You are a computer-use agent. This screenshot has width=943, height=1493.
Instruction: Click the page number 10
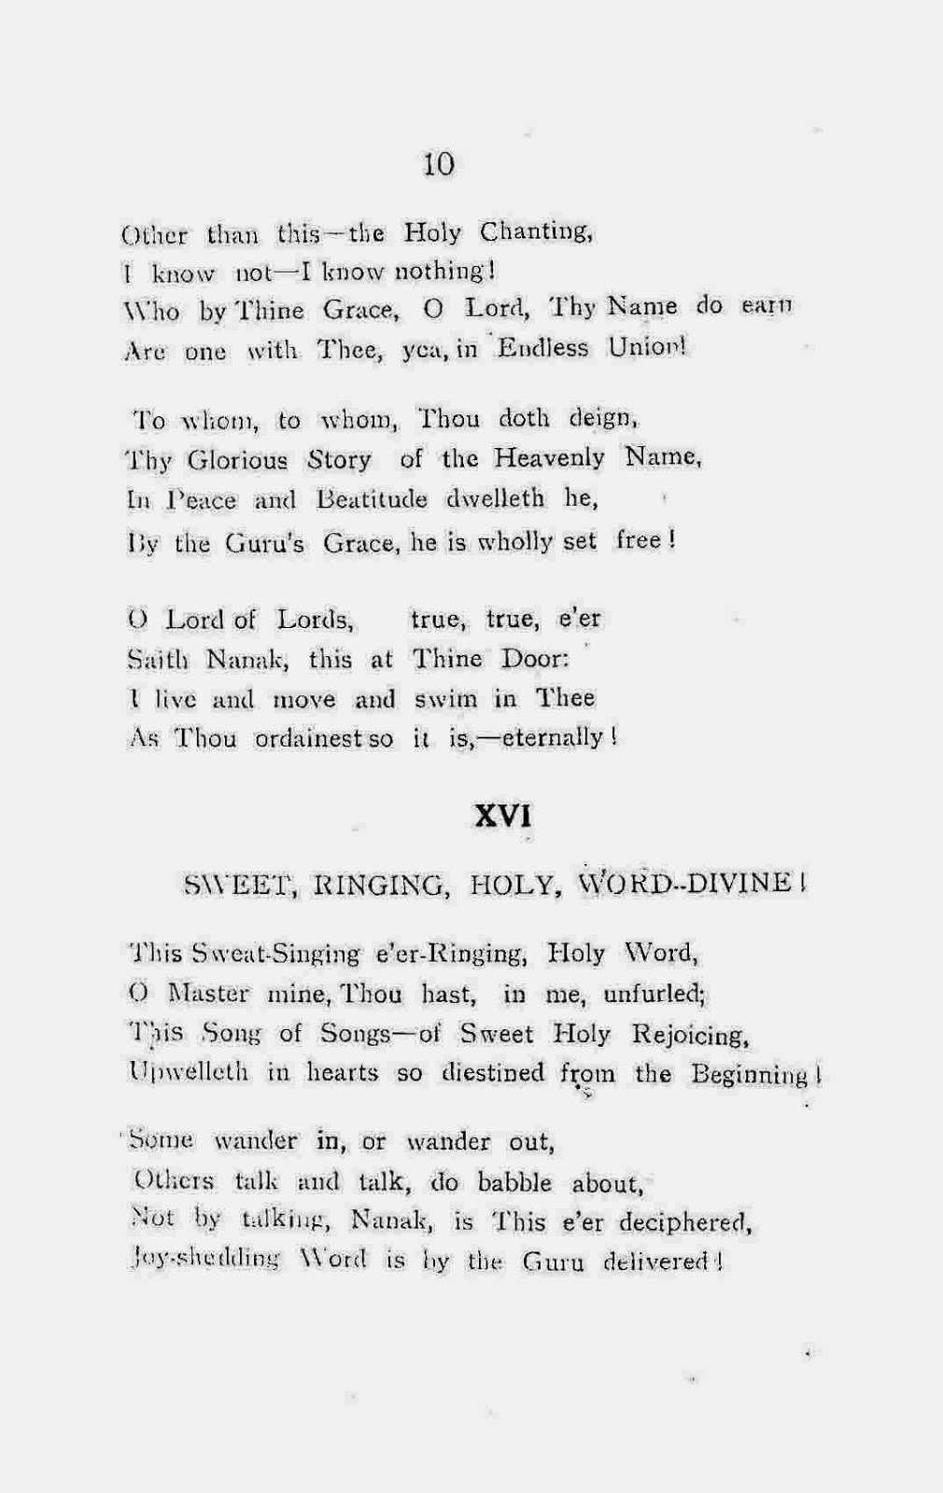point(438,164)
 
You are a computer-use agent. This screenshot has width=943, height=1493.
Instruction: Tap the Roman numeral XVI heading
point(502,816)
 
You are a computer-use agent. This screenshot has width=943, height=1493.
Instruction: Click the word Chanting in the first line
point(536,232)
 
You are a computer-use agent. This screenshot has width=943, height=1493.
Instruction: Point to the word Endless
point(542,348)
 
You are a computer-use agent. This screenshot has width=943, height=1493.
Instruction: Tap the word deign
point(603,418)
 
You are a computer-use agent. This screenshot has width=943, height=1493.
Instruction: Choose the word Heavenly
point(549,458)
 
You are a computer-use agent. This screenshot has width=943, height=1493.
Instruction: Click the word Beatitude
point(372,499)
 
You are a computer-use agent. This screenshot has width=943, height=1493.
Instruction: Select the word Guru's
point(264,542)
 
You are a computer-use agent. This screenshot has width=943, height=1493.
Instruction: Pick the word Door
point(534,659)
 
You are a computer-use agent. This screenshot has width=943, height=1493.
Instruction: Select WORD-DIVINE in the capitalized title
point(686,883)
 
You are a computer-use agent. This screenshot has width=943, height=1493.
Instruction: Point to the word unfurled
point(654,995)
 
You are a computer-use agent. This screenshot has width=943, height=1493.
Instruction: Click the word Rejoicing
point(690,1035)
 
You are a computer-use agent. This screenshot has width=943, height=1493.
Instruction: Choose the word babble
point(514,1183)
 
